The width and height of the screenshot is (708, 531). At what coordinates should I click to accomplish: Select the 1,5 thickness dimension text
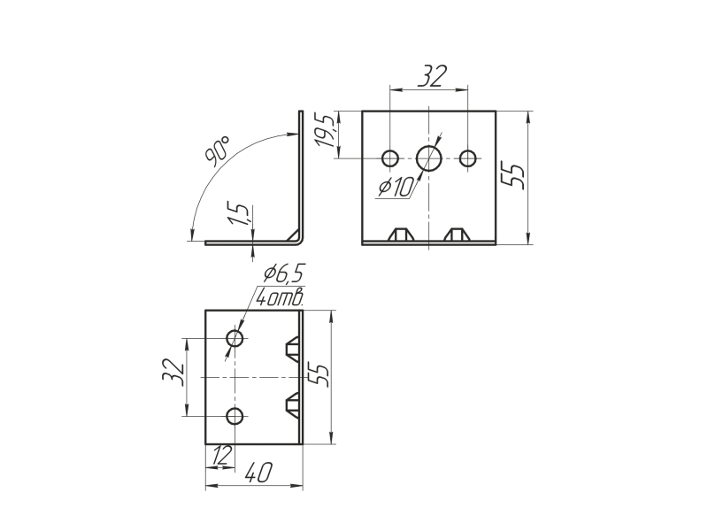(x=237, y=214)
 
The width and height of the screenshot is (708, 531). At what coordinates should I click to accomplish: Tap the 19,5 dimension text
(x=326, y=131)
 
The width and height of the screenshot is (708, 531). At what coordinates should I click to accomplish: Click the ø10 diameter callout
(x=396, y=187)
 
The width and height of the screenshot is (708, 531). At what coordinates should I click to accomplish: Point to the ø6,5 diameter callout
(x=284, y=273)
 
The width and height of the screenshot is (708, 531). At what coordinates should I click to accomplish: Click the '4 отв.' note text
(x=280, y=297)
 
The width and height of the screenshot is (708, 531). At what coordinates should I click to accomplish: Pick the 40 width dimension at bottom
(x=258, y=473)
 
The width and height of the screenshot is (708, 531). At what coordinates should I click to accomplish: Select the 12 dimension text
(x=222, y=455)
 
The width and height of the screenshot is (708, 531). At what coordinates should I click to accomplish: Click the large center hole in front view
(x=429, y=158)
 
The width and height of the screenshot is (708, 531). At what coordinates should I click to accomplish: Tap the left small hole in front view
(x=390, y=158)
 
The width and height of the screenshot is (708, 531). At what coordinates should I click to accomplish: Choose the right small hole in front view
(x=468, y=158)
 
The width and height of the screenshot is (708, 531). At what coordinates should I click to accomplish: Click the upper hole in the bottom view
(x=235, y=338)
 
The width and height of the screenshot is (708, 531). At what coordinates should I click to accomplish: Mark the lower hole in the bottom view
(x=235, y=416)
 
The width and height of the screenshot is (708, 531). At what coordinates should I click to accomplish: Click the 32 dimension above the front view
(x=432, y=76)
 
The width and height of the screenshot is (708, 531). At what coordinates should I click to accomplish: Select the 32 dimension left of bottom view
(x=173, y=372)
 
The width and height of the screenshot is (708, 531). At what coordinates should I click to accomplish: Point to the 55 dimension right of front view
(x=514, y=176)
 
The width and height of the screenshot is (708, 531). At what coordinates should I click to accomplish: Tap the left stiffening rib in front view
(x=402, y=235)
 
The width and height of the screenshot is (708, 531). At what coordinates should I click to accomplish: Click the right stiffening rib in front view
(x=457, y=235)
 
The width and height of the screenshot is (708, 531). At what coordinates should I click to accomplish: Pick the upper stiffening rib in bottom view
(x=292, y=349)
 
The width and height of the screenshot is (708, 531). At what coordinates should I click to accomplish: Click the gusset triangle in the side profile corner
(x=294, y=235)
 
